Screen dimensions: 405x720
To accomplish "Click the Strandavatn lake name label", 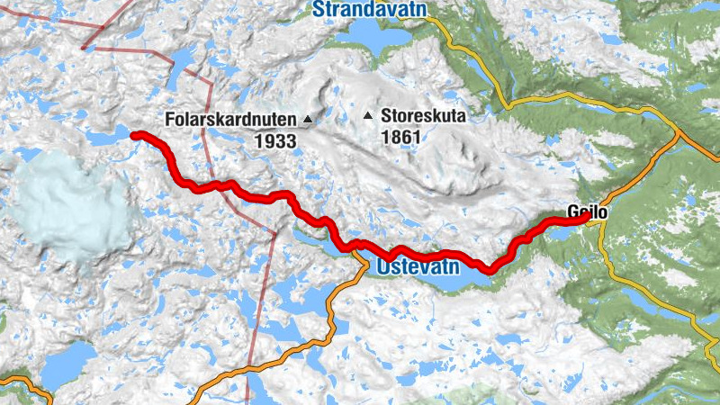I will click(x=369, y=9).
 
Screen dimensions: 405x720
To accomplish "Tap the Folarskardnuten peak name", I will click(x=231, y=119).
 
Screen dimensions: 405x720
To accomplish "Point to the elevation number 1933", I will click(x=275, y=141).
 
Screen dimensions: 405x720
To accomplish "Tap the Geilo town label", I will click(x=589, y=213).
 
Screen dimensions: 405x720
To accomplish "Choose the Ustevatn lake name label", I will click(x=418, y=267).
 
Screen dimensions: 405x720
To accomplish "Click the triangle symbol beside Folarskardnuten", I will click(x=308, y=119).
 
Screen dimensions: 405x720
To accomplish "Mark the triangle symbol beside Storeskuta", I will click(x=368, y=115).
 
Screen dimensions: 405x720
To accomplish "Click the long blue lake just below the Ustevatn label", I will click(x=450, y=281).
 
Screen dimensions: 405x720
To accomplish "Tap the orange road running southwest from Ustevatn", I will click(x=333, y=315).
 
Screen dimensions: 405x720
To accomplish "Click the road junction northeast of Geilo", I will click(x=677, y=138).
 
